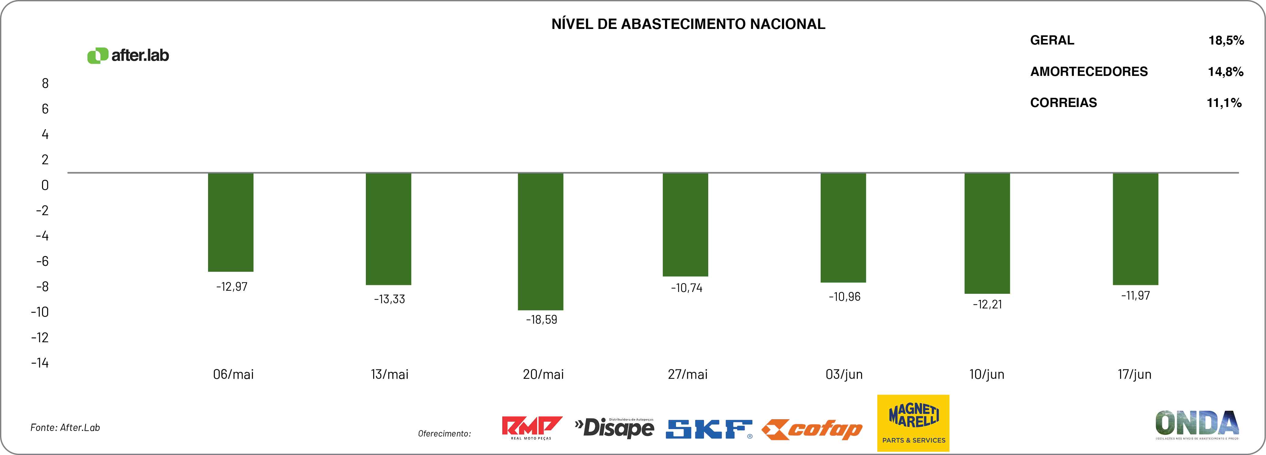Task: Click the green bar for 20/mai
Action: (x=541, y=241)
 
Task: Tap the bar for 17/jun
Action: (x=1135, y=229)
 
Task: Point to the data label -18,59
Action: (x=542, y=320)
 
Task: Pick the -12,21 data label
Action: (x=987, y=304)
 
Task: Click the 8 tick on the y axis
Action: (x=45, y=84)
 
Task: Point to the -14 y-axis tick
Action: (x=40, y=363)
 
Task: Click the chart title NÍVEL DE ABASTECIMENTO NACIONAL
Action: (x=688, y=24)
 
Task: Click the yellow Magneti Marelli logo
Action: (x=913, y=423)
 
